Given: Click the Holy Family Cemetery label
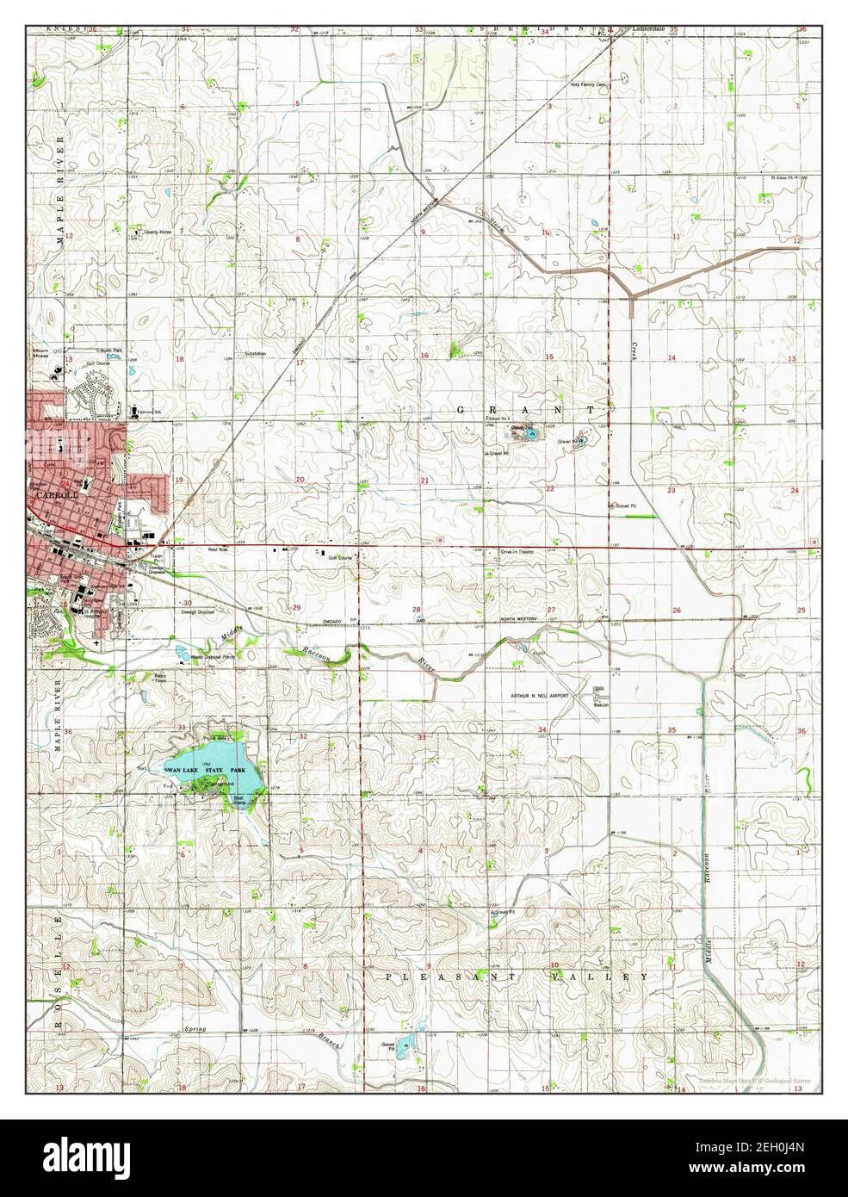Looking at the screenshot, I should (x=589, y=85).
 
